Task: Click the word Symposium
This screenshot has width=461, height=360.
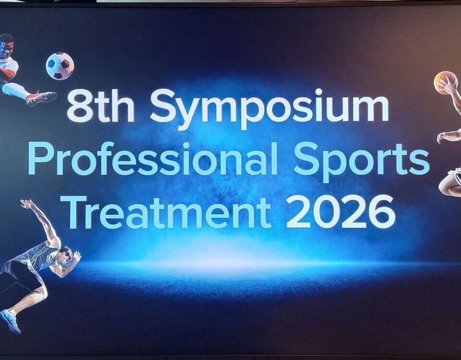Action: pos(269,108)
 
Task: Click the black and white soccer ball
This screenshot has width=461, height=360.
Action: pos(60,66)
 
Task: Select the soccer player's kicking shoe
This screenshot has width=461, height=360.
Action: pos(40,98)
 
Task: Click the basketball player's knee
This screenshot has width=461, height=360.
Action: pos(444,187)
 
